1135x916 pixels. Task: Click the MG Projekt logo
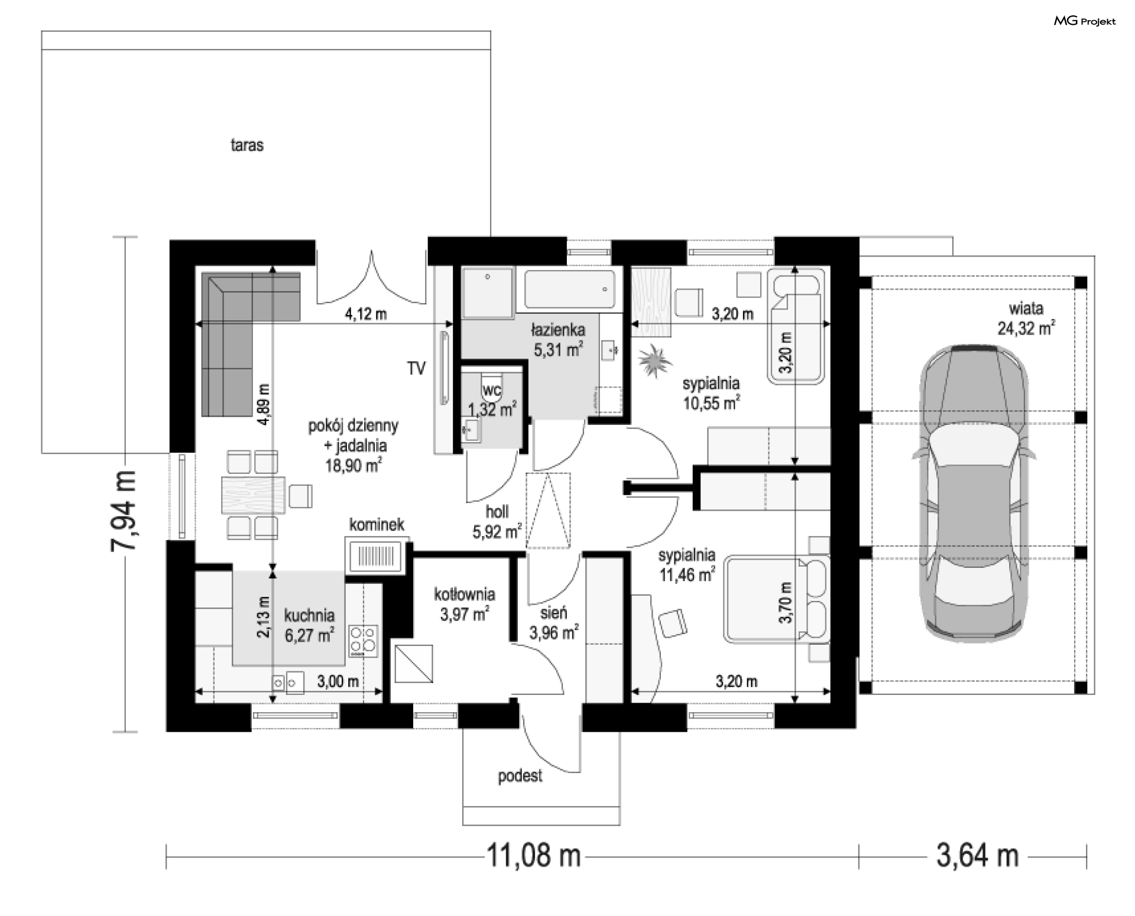coord(1085,21)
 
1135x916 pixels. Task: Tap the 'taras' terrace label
coord(247,145)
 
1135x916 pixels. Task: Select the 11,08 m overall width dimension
coord(533,855)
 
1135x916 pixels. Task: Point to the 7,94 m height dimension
coord(124,511)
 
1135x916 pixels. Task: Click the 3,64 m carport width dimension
coord(978,855)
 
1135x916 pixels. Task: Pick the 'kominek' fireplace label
coord(377,524)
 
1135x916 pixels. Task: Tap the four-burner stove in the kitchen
coord(364,641)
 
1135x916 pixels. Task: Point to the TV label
coord(416,368)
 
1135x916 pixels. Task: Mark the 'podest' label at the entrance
coord(520,776)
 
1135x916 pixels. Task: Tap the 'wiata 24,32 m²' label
coord(1026,319)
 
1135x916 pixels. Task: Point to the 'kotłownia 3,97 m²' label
coord(465,605)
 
